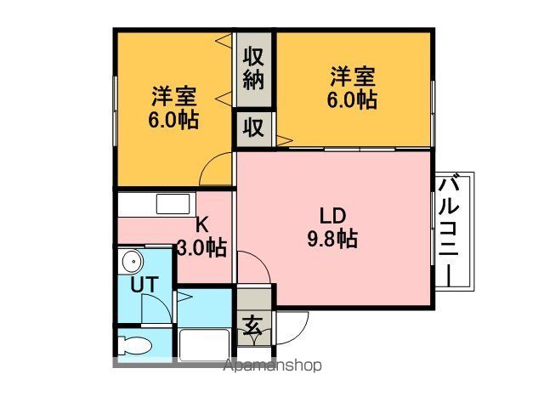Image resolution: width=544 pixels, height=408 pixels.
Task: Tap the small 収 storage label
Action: point(253,127)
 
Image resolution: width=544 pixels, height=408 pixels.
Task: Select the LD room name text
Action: point(332,215)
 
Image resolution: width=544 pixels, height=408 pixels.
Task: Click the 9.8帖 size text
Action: point(332,239)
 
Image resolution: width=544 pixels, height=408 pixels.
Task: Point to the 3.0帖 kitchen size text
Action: point(202,247)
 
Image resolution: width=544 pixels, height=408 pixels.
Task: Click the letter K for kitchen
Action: point(202,224)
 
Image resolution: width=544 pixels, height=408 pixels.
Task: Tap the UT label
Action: point(144,285)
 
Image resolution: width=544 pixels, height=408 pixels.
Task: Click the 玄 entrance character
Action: point(252,326)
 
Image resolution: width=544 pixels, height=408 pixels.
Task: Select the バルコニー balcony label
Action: point(449,231)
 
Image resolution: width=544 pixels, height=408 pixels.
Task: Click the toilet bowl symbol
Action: point(134,346)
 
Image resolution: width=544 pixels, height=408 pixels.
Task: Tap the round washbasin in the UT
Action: point(133,262)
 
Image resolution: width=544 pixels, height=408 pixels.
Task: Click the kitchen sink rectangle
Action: point(173,204)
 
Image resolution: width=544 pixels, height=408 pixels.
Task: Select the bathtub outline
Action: point(204,345)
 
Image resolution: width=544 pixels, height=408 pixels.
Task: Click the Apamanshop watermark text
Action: point(273,365)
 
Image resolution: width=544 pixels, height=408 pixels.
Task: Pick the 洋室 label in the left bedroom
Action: point(173,96)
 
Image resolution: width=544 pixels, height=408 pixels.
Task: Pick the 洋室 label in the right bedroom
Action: point(353,76)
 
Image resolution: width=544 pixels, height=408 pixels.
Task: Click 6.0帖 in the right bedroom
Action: point(352,100)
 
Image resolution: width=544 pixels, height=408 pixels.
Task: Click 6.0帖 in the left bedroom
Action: point(173,120)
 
